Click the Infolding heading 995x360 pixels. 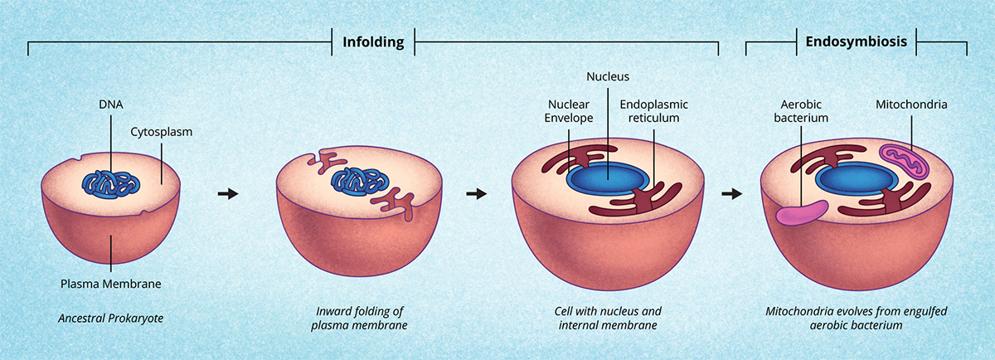tap(373, 41)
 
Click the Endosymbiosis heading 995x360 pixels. tap(856, 41)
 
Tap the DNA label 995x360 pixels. tap(111, 105)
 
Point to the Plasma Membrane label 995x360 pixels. tap(111, 284)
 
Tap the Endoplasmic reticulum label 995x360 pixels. tap(653, 111)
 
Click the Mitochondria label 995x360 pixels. tap(911, 105)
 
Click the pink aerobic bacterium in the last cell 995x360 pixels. tap(803, 214)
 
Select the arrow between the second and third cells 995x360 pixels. tap(476, 194)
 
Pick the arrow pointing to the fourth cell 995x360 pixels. tap(730, 194)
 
